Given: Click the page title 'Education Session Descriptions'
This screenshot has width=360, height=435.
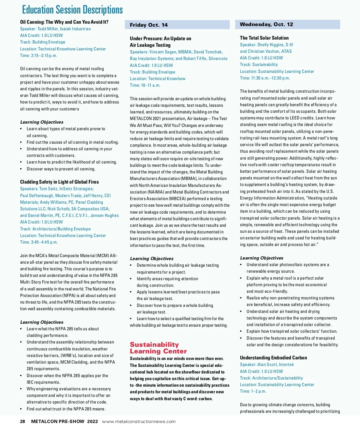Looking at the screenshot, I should coord(72,10).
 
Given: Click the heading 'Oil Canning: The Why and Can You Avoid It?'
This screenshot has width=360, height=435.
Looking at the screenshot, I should coord(64,22).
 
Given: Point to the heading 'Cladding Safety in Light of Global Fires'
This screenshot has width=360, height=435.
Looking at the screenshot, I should coord(59,182).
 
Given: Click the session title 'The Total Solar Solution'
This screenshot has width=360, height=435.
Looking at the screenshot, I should coord(264,38).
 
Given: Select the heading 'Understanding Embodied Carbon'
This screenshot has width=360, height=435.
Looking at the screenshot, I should coord(273,358).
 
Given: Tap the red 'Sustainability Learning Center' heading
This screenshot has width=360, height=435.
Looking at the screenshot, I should coord(158,348).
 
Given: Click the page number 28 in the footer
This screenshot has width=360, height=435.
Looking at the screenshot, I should coord(22,421).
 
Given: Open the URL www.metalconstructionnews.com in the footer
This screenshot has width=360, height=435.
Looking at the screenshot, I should coord(139,421).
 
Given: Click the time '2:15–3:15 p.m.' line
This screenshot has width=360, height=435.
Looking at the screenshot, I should coord(39,55).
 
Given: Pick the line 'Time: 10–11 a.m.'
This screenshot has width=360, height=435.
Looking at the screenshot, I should coord(145,85).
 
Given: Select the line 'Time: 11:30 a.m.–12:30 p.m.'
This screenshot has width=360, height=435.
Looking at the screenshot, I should coord(265,78).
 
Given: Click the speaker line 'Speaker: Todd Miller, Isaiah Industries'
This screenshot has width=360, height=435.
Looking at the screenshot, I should coord(55,29).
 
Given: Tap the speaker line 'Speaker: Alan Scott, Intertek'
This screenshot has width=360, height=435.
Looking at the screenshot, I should coord(267,364).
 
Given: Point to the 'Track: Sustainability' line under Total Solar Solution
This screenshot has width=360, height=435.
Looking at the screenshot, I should coord(259,64).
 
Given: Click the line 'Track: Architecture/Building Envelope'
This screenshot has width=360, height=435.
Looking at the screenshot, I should coord(55,229).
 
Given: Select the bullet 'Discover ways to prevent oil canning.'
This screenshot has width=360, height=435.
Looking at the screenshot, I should coord(61,169).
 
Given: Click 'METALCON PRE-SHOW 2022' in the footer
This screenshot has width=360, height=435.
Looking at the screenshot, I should coord(64,421).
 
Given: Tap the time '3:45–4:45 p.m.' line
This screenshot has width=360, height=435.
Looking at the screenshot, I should coord(39,242).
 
